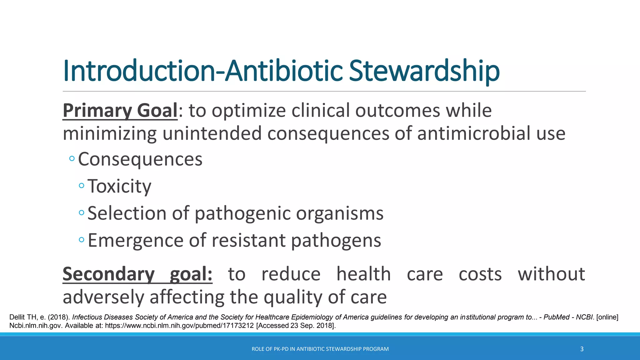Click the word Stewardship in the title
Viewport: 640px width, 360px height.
pos(424,71)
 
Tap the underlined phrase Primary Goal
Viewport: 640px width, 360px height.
pos(120,111)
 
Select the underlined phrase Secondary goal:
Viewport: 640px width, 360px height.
pos(137,274)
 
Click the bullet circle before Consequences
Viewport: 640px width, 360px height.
pos(72,159)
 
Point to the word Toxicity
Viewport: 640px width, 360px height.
pos(119,186)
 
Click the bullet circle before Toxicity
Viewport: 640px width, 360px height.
pos(82,186)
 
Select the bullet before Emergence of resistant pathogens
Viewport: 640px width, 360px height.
pos(82,240)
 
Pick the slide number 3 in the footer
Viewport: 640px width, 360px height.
pos(582,349)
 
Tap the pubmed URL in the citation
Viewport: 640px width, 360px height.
pos(179,326)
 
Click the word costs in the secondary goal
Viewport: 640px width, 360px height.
pos(480,274)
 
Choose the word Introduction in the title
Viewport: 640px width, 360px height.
pos(139,71)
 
